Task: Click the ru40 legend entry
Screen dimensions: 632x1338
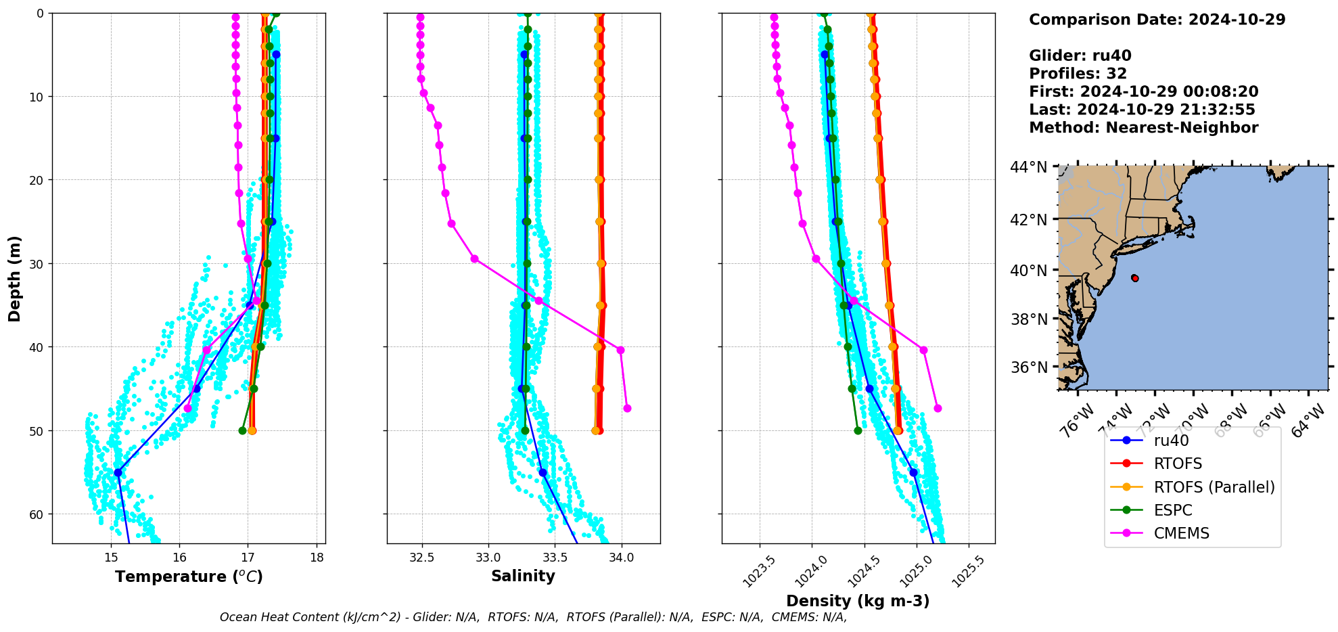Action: point(1171,441)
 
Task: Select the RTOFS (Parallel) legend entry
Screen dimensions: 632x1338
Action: point(1214,487)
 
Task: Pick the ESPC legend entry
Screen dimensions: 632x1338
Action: point(1172,510)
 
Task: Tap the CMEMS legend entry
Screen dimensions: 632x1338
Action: point(1181,533)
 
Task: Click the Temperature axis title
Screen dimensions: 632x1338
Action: point(189,577)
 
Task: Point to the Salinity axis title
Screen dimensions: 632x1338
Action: point(523,576)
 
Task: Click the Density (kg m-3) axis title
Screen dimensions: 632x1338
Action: point(858,601)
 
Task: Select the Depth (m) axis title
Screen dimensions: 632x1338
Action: point(15,279)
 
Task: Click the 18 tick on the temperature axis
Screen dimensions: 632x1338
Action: point(317,558)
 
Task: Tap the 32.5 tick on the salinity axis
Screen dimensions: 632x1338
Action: point(422,558)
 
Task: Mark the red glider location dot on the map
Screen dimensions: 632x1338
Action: point(1134,278)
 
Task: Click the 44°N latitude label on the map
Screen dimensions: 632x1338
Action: point(1028,167)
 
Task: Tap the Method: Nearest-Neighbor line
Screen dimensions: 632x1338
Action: point(1143,128)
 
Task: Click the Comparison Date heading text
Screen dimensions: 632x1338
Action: point(1157,20)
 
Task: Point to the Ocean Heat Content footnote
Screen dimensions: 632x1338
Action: point(533,617)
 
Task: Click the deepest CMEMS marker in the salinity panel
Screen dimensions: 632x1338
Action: point(627,408)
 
